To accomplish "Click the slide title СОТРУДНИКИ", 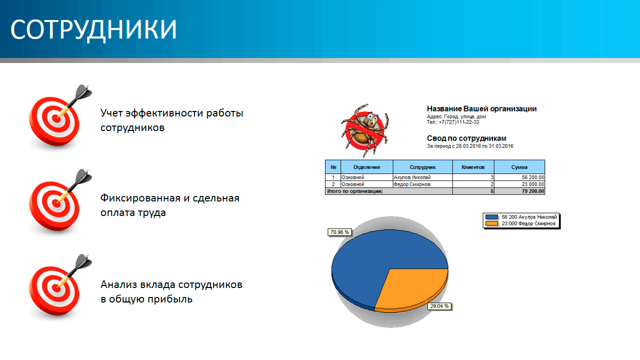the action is pos(93,29).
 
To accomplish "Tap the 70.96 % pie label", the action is pos(339,232).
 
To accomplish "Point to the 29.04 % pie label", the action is pos(439,306).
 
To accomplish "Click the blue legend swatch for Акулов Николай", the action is pos(491,217).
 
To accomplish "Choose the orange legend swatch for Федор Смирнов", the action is pos(491,223).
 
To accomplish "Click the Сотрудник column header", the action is pos(422,167).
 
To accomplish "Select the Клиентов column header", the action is pos(473,167).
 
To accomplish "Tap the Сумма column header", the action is pos(519,167).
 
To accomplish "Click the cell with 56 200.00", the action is pos(519,177).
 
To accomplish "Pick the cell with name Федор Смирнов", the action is pos(422,184).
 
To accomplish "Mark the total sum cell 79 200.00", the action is pos(519,191).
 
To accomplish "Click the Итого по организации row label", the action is pos(355,191).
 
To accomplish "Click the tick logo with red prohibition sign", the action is pos(365,130).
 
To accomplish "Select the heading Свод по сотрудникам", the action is pos(466,138).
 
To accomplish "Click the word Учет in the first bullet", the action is pos(111,113).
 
